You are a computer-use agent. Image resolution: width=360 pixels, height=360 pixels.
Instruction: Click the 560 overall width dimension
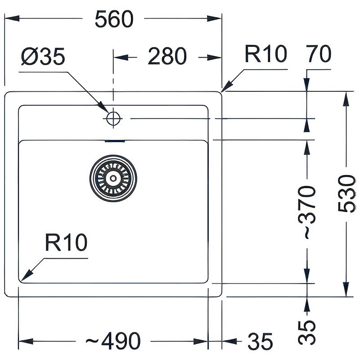coord(114,19)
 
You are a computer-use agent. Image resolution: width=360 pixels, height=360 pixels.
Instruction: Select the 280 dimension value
coord(167,57)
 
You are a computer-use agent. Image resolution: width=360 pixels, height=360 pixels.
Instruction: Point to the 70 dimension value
coord(319,54)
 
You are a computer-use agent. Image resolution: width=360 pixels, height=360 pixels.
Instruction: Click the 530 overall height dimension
coord(347,193)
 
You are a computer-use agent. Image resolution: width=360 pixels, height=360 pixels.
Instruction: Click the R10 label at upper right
coord(266,54)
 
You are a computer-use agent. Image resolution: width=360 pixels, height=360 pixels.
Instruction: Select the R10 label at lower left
coord(66,243)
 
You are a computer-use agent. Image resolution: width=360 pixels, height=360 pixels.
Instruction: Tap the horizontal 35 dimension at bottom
coord(260,341)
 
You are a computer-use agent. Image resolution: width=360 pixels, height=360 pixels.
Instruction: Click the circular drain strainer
coord(112,177)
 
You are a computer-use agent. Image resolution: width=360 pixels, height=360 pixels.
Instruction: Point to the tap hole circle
coord(112,118)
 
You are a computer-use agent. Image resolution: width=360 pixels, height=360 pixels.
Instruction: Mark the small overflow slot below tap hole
coord(115,141)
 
